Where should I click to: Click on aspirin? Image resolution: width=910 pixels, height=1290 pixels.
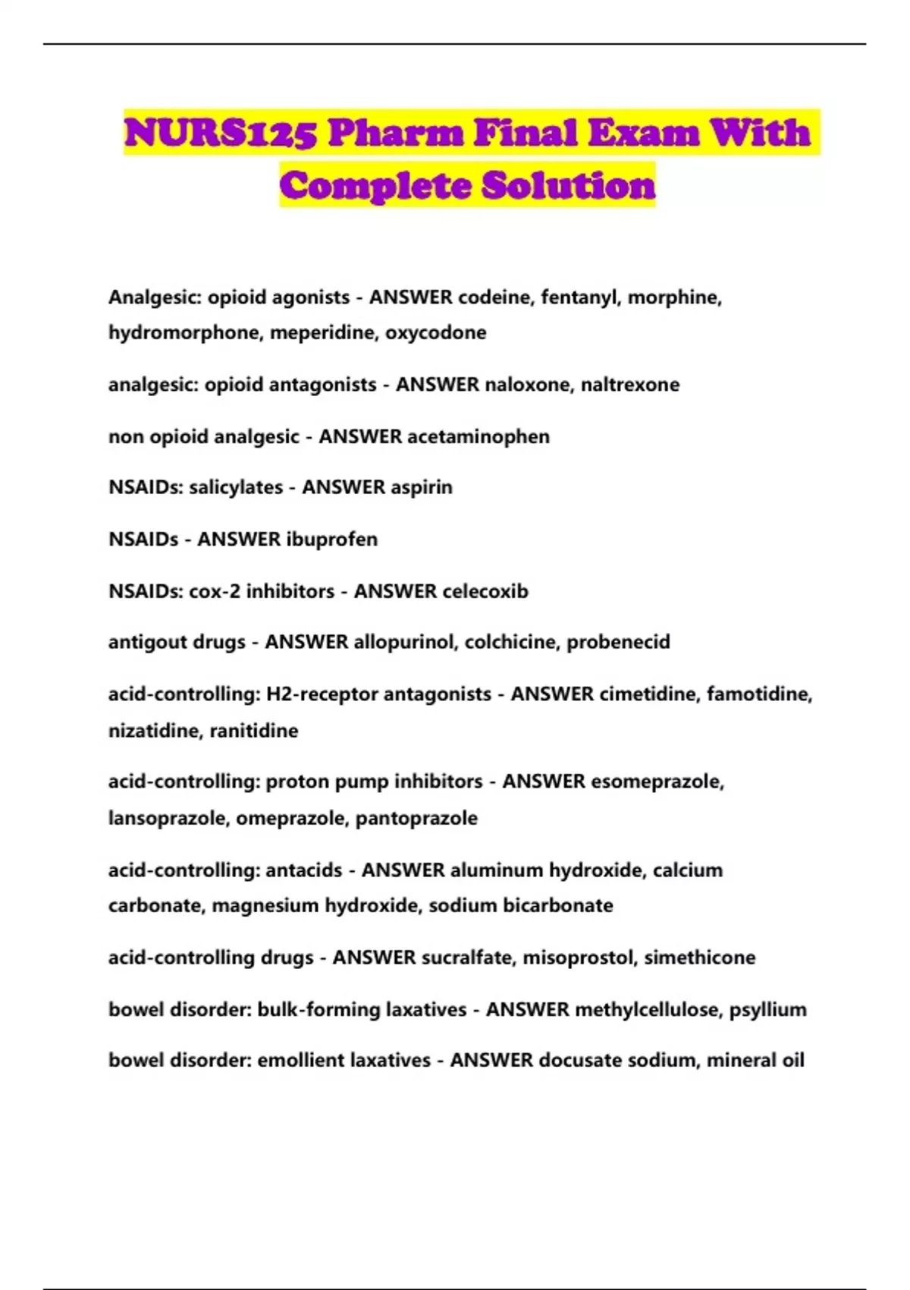(x=420, y=487)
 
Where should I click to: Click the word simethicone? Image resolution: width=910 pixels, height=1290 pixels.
(x=699, y=958)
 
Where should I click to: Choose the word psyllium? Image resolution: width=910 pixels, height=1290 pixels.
(x=767, y=1010)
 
